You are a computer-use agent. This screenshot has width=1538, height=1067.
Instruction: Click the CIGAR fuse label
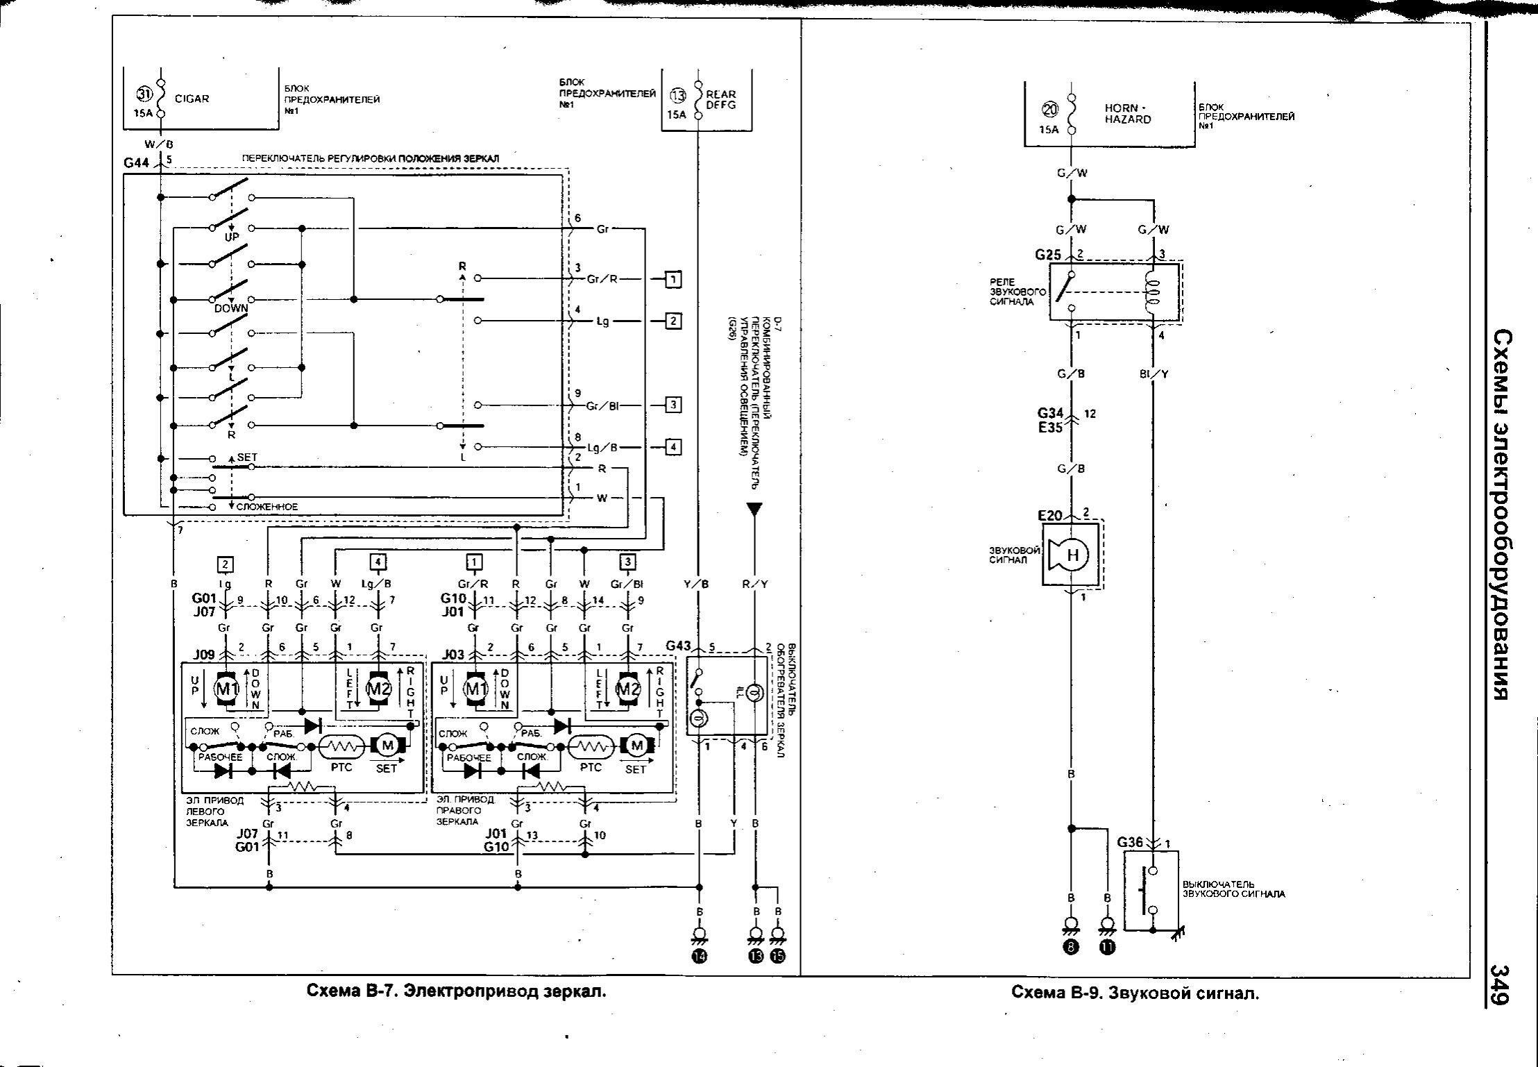[192, 99]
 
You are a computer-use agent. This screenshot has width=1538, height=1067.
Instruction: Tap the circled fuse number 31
[144, 94]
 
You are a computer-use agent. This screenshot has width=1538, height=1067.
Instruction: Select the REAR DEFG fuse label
[721, 99]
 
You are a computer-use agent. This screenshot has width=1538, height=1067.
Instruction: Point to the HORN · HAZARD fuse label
[1128, 113]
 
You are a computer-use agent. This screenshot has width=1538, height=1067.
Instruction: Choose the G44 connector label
[137, 163]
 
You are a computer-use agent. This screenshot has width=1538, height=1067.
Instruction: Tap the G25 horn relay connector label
[1048, 254]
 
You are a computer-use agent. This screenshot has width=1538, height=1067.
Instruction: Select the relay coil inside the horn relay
[1153, 292]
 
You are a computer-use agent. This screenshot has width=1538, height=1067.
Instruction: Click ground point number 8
[1071, 949]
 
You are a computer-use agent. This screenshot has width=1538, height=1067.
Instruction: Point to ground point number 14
[699, 956]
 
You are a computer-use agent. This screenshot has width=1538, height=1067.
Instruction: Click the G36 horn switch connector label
[1130, 842]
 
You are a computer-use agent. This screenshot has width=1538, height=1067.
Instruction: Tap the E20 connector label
[1050, 516]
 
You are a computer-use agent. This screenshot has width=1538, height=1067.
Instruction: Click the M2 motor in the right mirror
[627, 689]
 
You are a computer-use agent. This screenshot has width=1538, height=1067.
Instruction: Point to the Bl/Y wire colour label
[1153, 373]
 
